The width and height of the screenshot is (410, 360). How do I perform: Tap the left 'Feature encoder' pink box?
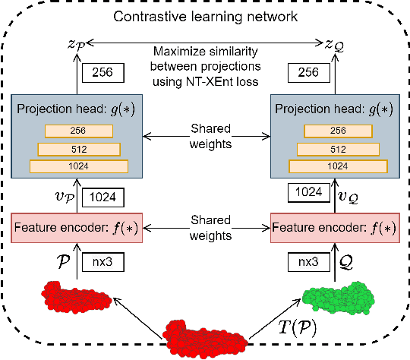click(x=76, y=227)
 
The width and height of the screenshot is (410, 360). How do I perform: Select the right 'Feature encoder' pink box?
click(x=333, y=227)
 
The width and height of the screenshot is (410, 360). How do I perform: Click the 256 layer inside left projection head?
click(x=77, y=131)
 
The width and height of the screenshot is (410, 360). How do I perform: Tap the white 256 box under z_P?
click(x=102, y=72)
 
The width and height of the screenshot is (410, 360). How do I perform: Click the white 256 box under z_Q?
click(x=307, y=72)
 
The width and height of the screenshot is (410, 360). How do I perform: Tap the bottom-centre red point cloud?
click(x=205, y=336)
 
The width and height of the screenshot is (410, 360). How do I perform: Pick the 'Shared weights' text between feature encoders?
click(x=205, y=227)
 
